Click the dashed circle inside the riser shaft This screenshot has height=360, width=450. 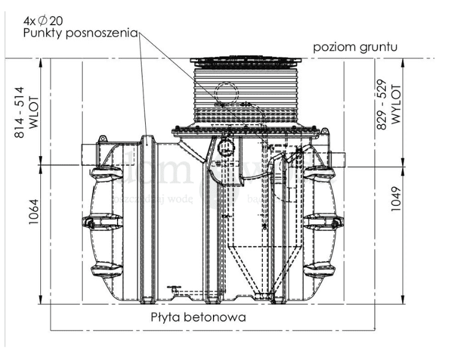[x=229, y=93]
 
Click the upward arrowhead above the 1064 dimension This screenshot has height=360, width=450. [x=40, y=169]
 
